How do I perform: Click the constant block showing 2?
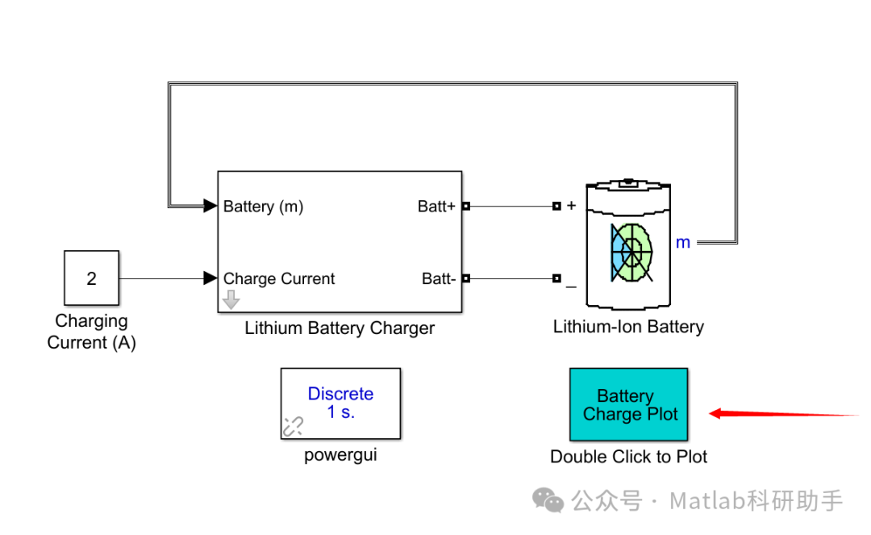91,278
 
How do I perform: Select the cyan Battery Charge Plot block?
629,405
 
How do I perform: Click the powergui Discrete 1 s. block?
340,403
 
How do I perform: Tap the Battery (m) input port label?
263,207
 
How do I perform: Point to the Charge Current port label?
279,279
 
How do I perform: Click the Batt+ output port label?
436,207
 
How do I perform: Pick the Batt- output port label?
439,279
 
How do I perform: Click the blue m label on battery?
683,242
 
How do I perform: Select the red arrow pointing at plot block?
782,415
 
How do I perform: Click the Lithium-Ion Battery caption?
628,327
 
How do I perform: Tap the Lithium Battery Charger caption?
340,328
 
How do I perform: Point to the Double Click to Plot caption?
628,457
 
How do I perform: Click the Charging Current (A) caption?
91,332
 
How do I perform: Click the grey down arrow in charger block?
231,301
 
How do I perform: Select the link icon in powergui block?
292,427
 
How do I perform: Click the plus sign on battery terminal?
572,206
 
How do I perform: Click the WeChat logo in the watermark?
550,501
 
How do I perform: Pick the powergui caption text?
340,455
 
